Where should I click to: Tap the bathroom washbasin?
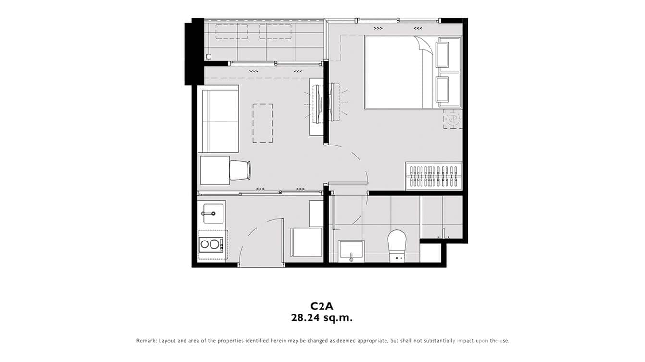pyautogui.click(x=351, y=251)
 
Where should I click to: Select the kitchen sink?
pyautogui.click(x=212, y=213)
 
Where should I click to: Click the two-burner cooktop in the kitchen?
pyautogui.click(x=211, y=244)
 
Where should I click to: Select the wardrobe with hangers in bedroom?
pyautogui.click(x=434, y=177)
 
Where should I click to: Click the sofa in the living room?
pyautogui.click(x=219, y=119)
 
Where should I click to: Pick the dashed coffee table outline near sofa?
pyautogui.click(x=262, y=123)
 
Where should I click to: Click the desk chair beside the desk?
pyautogui.click(x=240, y=170)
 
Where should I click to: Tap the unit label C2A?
pyautogui.click(x=322, y=305)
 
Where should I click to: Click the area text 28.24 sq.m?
pyautogui.click(x=322, y=317)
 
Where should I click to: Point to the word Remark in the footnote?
pyautogui.click(x=146, y=341)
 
